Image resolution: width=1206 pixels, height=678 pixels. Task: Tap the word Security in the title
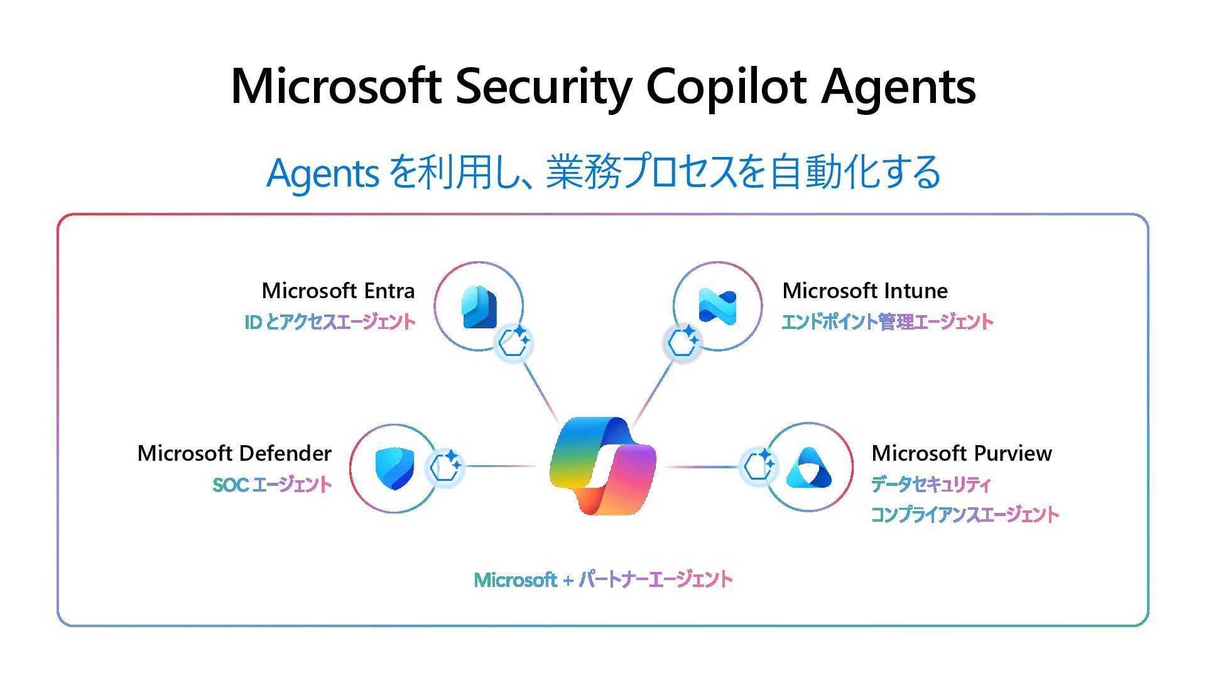coord(543,87)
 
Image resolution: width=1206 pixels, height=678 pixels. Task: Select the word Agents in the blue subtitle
coord(322,173)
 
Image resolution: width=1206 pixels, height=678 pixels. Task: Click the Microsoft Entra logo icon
coord(479,307)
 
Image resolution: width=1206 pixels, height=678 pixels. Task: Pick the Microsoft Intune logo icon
coord(717,306)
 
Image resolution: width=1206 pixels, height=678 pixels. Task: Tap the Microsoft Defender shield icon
coord(394,468)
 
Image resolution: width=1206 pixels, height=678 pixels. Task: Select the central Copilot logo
coord(602,465)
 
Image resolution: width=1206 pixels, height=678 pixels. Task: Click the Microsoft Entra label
coord(338,291)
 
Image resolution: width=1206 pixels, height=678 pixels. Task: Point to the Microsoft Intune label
coord(865,291)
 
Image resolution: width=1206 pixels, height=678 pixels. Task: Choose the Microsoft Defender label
coord(234,453)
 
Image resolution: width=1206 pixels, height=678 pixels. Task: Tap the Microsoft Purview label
coord(962,453)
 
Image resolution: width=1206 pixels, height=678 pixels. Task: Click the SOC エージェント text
coord(272,485)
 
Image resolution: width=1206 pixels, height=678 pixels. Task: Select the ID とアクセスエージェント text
coord(330,322)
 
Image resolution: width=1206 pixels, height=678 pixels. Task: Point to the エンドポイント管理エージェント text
coord(887,322)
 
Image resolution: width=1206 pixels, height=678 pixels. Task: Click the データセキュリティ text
coord(931,485)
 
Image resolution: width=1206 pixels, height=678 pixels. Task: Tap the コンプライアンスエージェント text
coord(965,515)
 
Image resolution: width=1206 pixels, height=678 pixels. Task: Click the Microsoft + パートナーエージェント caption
coord(603,579)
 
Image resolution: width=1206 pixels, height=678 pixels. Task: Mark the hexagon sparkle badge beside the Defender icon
coord(445,466)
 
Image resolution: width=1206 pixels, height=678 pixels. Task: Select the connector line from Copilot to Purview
coord(700,466)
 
